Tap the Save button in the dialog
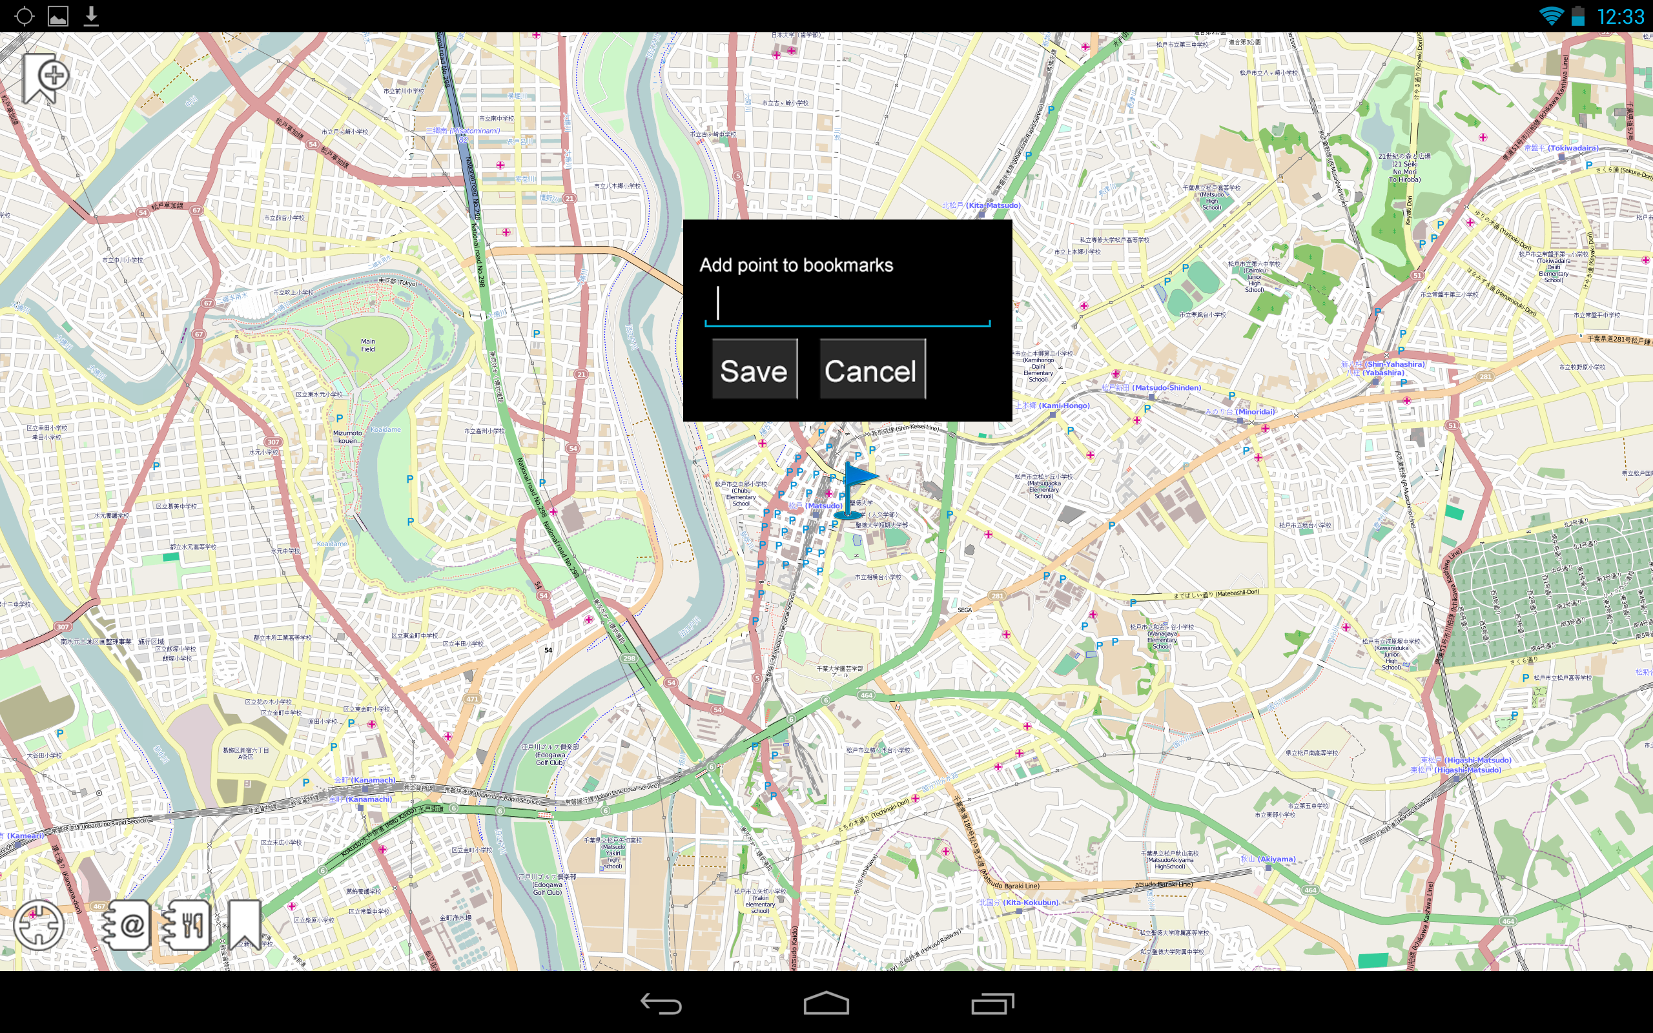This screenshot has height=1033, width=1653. point(754,369)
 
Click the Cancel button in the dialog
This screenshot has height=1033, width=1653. point(872,369)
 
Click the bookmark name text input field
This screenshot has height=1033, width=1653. point(847,304)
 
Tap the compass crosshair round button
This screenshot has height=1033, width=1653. point(39,925)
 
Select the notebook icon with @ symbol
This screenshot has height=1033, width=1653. point(126,925)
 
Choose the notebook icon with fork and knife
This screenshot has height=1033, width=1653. point(185,925)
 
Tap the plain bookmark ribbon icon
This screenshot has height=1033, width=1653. point(244,924)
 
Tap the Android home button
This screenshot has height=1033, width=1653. point(826,1003)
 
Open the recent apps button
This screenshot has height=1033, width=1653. point(992,1003)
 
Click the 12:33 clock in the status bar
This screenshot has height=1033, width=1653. point(1620,16)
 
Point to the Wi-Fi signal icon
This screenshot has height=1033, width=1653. point(1550,15)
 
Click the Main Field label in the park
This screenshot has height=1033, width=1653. point(367,345)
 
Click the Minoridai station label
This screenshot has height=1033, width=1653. point(1239,412)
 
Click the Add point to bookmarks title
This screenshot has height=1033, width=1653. point(796,265)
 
